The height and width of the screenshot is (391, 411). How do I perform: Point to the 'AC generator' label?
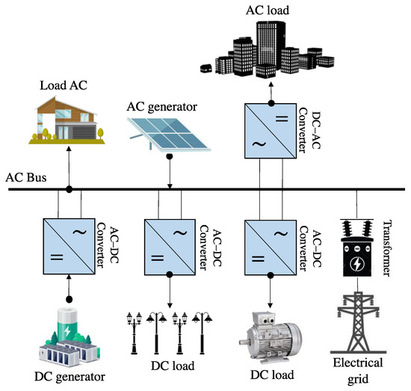tap(161, 107)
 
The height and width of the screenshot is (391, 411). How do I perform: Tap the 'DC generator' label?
tap(69, 375)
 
